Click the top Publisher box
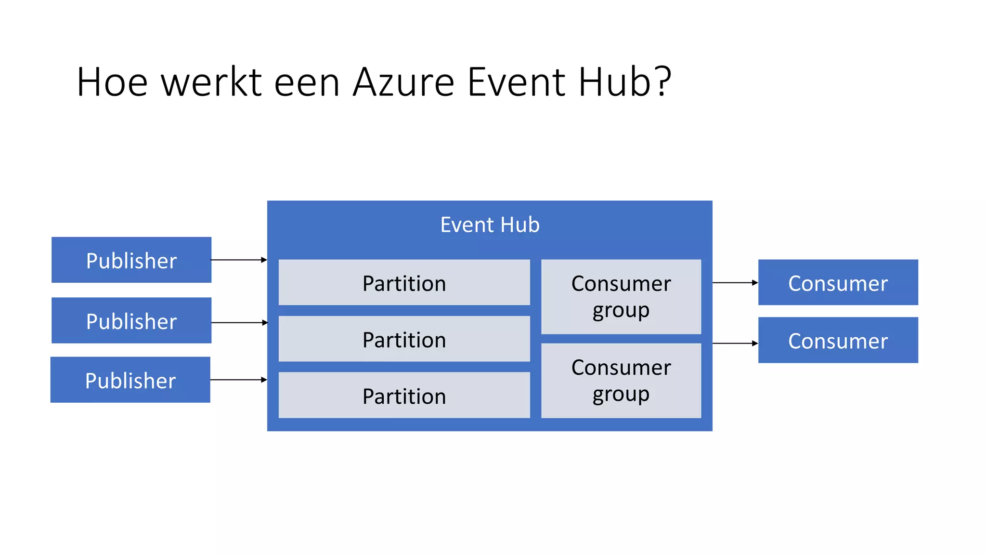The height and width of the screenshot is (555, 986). (131, 260)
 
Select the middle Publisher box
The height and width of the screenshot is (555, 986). (131, 320)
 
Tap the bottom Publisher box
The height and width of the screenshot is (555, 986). (130, 380)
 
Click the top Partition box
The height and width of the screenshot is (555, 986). (404, 282)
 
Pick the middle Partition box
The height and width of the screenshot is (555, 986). (404, 339)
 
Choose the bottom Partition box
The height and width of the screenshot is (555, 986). (404, 395)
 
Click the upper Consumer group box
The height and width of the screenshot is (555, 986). (621, 297)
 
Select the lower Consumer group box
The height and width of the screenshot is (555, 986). (621, 381)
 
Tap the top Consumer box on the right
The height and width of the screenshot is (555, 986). (838, 282)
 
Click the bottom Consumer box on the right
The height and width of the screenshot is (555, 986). (838, 340)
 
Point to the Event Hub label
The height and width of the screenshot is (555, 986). (490, 225)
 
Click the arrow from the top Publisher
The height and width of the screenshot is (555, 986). (239, 260)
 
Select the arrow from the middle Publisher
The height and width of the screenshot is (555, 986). (239, 322)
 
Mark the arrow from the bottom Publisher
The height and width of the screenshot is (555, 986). (238, 380)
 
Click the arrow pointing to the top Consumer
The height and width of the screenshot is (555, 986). (735, 283)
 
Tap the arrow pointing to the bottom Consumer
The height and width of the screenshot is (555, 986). (735, 344)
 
